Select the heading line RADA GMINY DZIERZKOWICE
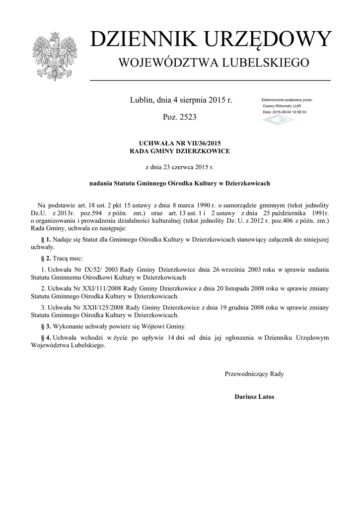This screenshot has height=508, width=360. tap(180, 151)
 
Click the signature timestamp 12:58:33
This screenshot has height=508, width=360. tap(297, 112)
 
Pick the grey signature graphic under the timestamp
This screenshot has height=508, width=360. tap(278, 121)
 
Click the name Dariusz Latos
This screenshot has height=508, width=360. tap(254, 397)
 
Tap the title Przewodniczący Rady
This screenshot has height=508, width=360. tap(254, 374)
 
